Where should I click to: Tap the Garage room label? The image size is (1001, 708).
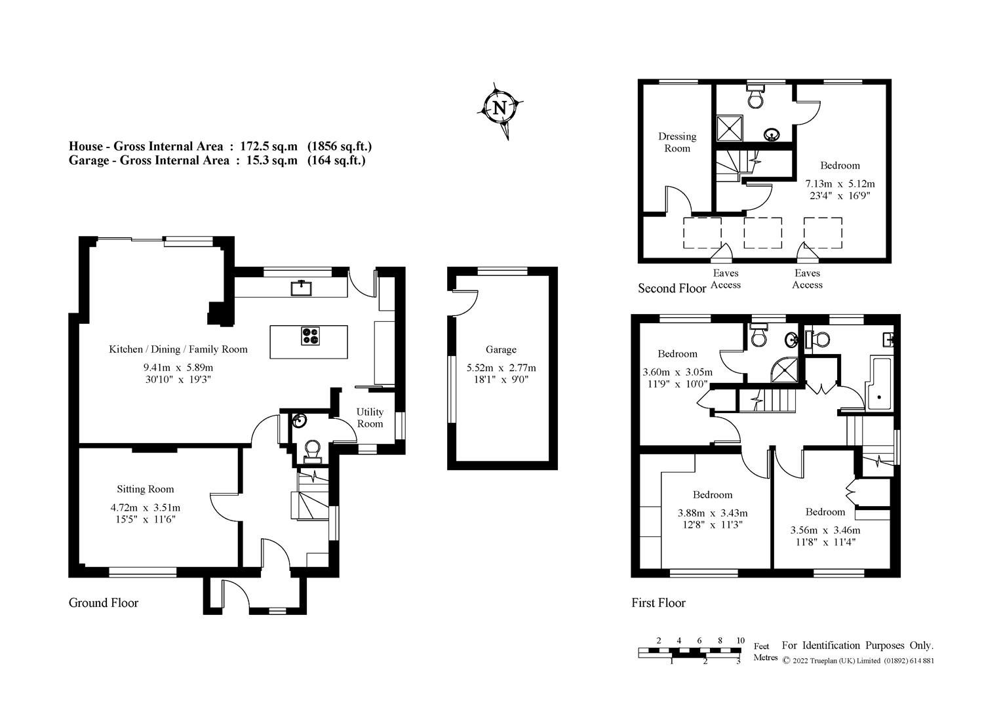pos(501,349)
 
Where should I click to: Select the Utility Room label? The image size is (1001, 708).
pos(370,418)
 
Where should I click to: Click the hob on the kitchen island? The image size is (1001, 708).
pos(311,335)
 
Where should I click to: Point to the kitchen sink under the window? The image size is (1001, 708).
pos(302,287)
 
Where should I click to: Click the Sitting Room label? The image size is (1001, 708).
pos(146,489)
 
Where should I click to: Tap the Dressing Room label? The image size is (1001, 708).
pos(677,142)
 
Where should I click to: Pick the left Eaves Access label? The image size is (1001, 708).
pos(725,279)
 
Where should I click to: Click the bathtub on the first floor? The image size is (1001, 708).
pos(880,384)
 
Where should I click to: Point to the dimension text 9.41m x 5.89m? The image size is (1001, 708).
pos(178,368)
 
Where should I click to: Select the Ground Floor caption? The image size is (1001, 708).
pos(104,602)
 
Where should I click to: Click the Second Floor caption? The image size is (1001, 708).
pos(672,288)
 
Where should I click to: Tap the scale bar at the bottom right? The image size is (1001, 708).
pos(690,652)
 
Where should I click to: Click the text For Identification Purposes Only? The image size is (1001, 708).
pos(857,646)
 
